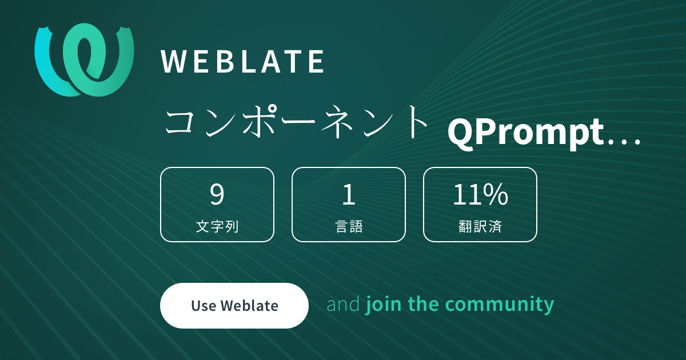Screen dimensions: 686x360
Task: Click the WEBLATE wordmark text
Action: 242,62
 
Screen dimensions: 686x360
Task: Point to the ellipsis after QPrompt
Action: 624,142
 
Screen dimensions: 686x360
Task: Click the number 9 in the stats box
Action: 217,194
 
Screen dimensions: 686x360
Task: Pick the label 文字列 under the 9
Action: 217,226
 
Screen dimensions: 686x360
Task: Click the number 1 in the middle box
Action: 349,194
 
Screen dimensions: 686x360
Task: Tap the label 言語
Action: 349,226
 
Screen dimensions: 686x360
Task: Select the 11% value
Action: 480,194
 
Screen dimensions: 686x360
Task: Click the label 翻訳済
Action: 480,226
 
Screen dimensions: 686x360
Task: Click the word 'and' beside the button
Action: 343,304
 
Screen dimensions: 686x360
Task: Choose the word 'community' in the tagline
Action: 499,305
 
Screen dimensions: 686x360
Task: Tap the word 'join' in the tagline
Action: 384,305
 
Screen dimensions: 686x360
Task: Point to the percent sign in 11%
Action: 496,194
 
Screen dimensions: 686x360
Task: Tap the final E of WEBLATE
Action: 316,62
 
